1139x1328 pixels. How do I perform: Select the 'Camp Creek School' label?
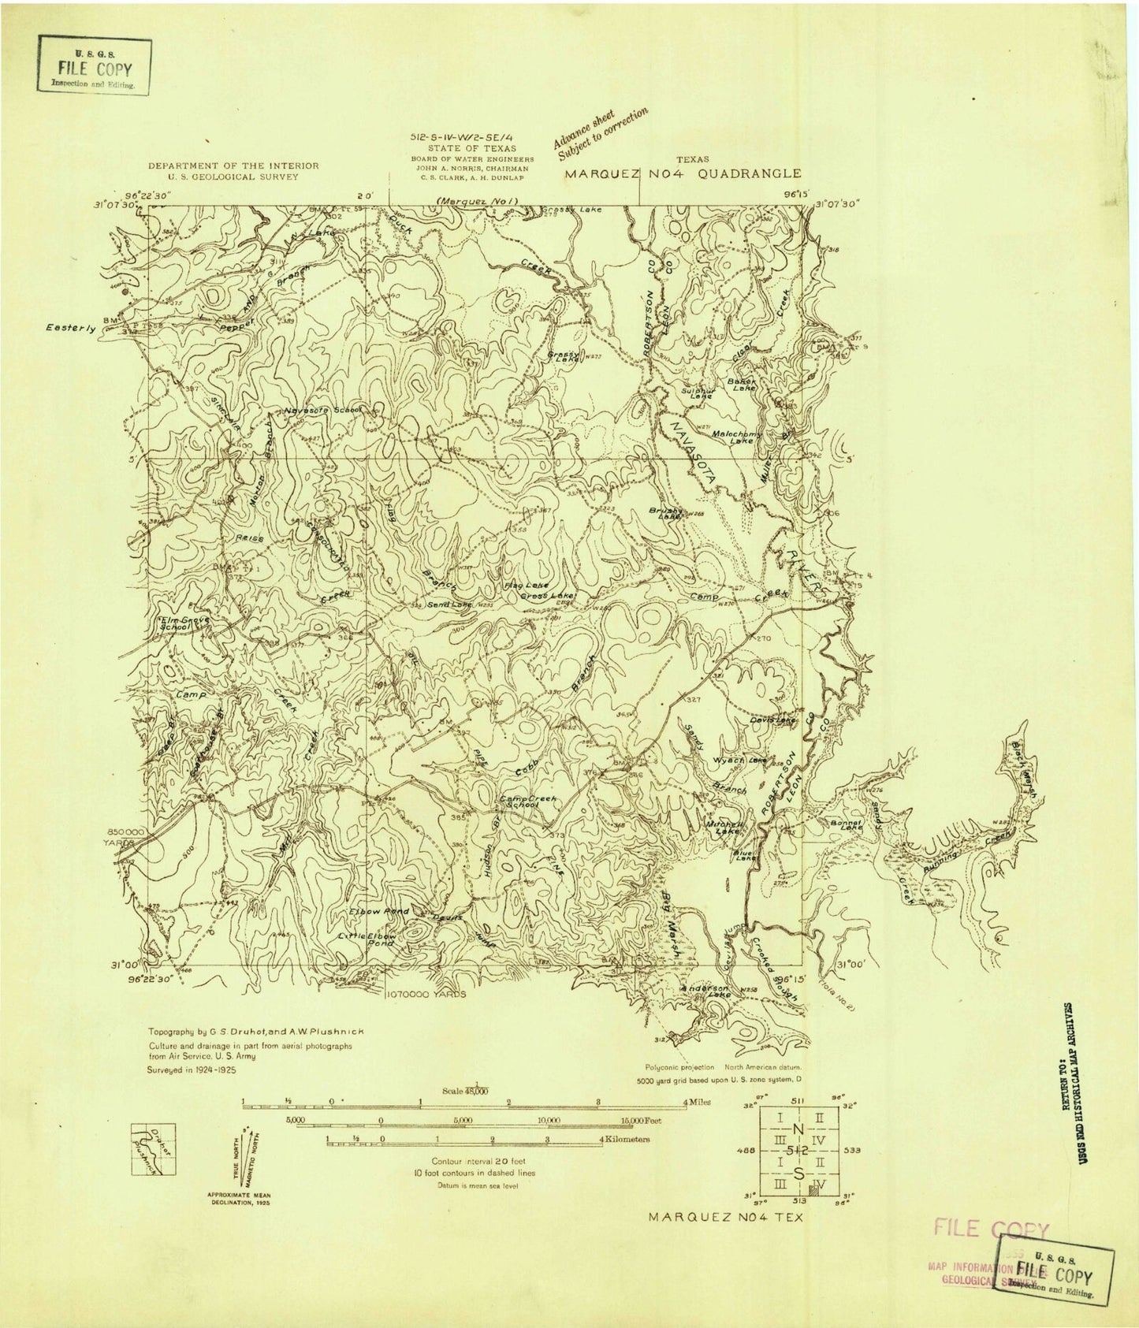pos(527,802)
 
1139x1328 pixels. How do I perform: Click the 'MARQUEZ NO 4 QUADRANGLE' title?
pos(683,173)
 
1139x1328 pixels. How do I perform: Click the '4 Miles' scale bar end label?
pos(698,1102)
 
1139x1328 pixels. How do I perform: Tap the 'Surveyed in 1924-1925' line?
pos(193,1071)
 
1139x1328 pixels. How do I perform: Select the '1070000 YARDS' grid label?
pos(426,995)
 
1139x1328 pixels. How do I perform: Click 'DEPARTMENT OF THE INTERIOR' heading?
pos(233,166)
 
